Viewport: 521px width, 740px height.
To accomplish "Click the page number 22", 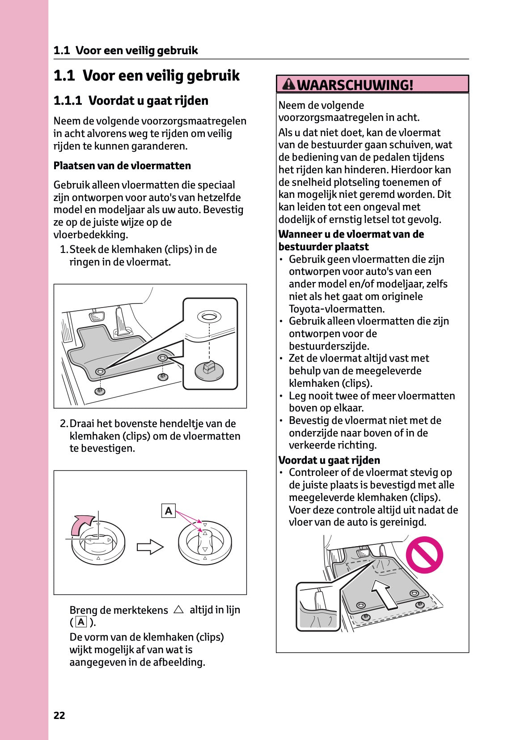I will point(59,715).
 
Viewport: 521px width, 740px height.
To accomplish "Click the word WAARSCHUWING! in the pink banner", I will point(355,85).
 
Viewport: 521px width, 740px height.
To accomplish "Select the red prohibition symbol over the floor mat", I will point(424,555).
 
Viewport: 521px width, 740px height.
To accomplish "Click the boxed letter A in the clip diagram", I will point(168,511).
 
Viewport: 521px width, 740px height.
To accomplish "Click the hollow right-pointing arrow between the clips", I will point(150,547).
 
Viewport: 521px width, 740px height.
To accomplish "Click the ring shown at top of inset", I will point(209,317).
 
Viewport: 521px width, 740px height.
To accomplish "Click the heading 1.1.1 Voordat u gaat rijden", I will point(131,100).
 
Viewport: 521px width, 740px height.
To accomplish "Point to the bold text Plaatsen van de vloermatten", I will point(122,166).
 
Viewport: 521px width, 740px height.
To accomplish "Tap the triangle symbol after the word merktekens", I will point(178,609).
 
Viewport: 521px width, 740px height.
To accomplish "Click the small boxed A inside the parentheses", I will point(81,622).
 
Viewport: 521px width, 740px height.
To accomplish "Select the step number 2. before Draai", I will point(64,423).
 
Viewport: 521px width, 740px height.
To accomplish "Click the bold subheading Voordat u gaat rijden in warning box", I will point(329,460).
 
